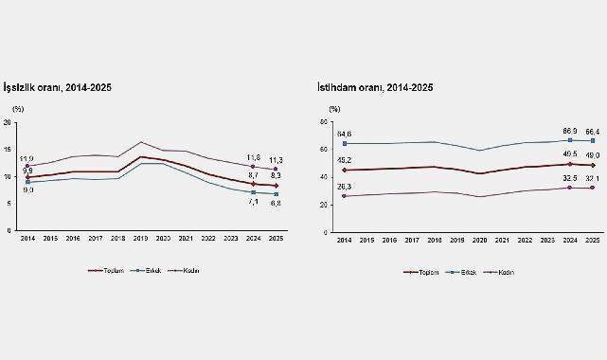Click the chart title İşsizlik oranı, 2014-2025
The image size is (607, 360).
(x=60, y=87)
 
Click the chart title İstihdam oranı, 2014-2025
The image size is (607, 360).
(x=375, y=87)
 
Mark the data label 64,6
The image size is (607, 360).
(x=345, y=134)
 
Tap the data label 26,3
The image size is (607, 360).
(x=345, y=187)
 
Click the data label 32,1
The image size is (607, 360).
(x=593, y=178)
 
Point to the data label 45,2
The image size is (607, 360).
(x=345, y=160)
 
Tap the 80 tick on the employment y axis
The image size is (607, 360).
(x=323, y=123)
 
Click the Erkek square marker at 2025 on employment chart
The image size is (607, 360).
(x=593, y=140)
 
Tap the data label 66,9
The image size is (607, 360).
(x=569, y=130)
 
